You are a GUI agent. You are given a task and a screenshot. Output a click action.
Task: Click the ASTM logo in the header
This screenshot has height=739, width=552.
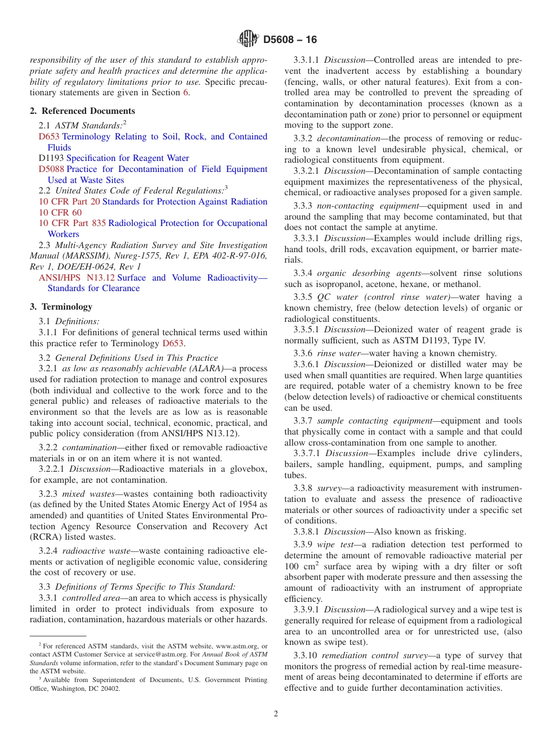[249, 40]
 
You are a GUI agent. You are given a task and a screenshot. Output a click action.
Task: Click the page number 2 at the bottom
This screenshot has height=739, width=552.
[276, 714]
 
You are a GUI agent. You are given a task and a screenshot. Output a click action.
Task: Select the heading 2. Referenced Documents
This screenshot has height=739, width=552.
[83, 111]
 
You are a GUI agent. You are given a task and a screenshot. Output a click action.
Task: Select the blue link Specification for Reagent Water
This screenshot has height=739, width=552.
[128, 158]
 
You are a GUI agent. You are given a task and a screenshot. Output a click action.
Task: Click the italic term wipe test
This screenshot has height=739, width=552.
[335, 544]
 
